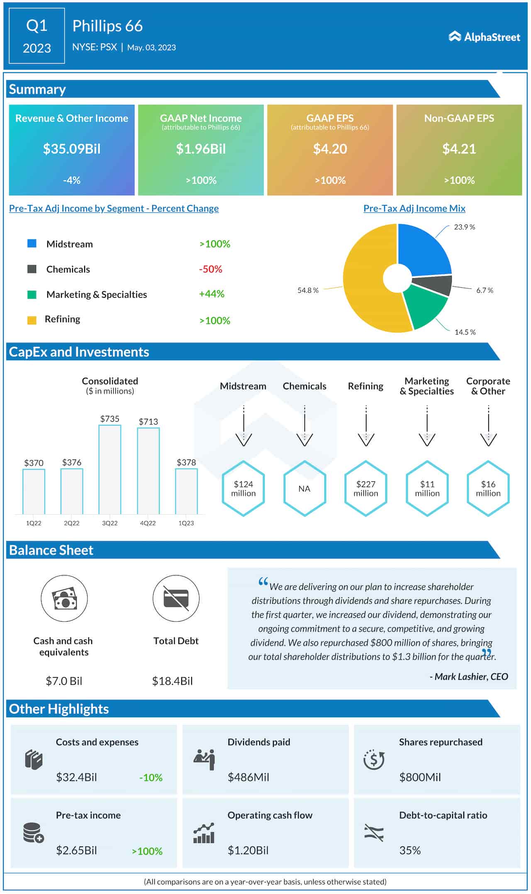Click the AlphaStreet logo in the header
coord(484,37)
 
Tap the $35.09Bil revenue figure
coord(72,149)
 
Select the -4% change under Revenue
coord(72,180)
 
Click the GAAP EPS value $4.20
coord(330,149)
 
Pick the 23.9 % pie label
coord(464,227)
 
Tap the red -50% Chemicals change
coord(211,269)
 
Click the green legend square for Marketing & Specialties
coord(32,294)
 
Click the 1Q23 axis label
coord(186,523)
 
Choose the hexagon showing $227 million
coord(365,488)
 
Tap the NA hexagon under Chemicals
coord(304,488)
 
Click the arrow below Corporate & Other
coord(488,427)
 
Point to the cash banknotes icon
coord(64,598)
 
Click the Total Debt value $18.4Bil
coord(173,681)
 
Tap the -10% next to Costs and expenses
coord(151,777)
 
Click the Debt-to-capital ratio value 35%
coord(410,850)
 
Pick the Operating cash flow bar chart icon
coord(204,833)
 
